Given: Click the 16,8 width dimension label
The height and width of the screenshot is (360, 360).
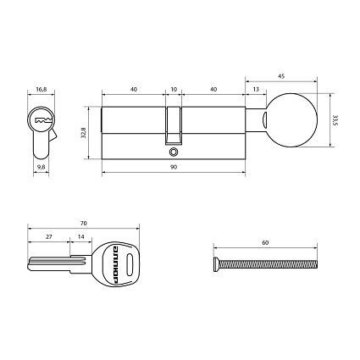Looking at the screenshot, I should point(41,85).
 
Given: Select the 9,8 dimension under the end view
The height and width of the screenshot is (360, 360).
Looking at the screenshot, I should point(41,168).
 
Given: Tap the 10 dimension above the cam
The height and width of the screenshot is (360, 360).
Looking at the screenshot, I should point(174,88).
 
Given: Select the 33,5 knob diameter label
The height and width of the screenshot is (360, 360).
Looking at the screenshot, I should point(336,120).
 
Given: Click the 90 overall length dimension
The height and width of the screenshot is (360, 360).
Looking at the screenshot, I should point(174,168).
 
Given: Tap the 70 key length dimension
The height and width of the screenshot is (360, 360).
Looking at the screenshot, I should point(82,224).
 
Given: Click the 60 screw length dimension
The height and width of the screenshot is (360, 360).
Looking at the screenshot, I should point(265,243).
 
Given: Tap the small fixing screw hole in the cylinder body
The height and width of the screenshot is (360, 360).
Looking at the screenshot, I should point(174,152).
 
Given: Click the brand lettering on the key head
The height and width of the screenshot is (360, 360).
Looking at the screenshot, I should point(111,262).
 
